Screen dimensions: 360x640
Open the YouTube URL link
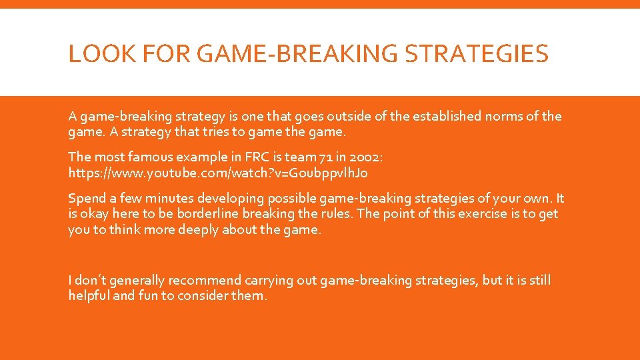pos(217,173)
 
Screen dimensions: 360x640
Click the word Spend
pos(86,199)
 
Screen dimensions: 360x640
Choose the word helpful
pos(89,296)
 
